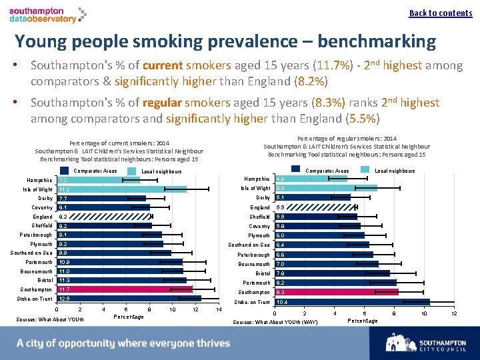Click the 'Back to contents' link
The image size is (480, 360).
(x=440, y=13)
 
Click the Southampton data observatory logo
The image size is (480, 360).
(x=47, y=15)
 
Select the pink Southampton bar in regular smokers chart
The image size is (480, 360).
(x=336, y=292)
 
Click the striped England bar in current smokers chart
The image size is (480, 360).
(x=104, y=217)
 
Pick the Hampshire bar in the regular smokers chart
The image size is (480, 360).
(x=311, y=179)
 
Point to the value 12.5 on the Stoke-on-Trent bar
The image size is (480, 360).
(x=65, y=299)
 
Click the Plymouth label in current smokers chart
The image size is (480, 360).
(x=41, y=244)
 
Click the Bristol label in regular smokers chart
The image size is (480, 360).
(x=262, y=273)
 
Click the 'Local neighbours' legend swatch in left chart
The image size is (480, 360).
(x=136, y=171)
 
